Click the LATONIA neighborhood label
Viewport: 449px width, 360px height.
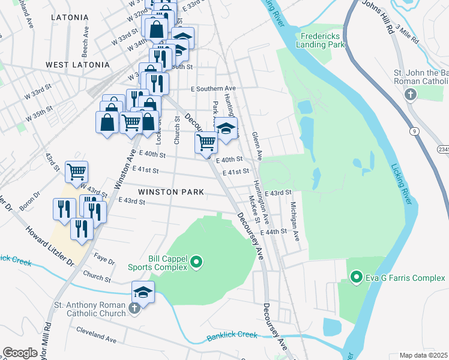tap(70, 17)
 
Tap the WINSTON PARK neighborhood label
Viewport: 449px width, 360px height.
tap(170, 192)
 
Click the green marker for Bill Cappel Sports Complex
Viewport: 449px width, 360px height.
tap(196, 262)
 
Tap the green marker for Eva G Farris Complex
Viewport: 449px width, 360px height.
tap(357, 277)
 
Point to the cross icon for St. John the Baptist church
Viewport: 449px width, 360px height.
tap(411, 94)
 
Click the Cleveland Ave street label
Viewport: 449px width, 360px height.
tap(96, 339)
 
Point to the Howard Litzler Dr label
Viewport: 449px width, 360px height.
tap(49, 247)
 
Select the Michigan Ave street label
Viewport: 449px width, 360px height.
tap(295, 221)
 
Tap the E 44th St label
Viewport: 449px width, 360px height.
tap(274, 232)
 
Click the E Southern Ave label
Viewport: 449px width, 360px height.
tap(213, 89)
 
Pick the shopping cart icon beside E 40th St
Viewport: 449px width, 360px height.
tap(206, 143)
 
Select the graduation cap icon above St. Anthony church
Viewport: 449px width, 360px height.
tap(143, 292)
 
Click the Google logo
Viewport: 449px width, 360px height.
tap(20, 353)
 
